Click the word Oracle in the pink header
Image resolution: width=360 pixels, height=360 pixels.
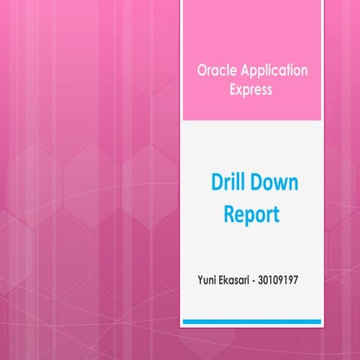tap(214, 70)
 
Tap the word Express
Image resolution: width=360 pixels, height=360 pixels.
tap(251, 89)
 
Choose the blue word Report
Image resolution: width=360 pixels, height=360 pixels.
tap(251, 215)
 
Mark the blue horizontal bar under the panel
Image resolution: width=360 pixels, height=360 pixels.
tap(252, 322)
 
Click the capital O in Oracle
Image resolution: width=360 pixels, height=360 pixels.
tap(202, 70)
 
